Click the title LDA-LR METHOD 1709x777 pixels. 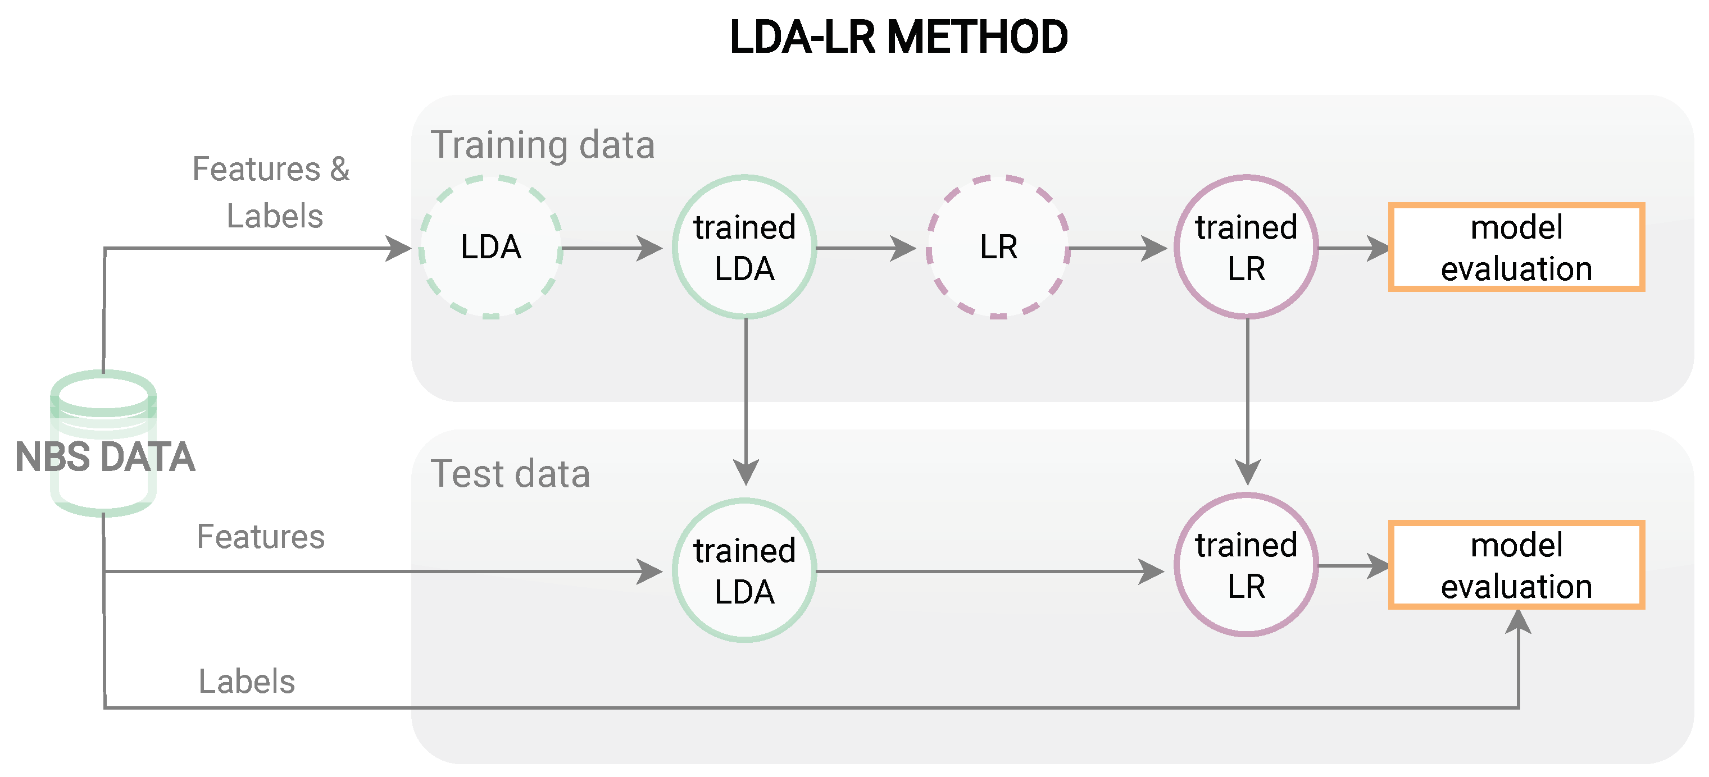pos(898,37)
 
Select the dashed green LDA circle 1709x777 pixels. pos(491,247)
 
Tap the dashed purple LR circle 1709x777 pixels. pos(998,247)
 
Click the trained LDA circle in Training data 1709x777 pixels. pos(744,247)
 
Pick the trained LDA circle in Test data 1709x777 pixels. pos(744,570)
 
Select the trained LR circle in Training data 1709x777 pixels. pos(1246,247)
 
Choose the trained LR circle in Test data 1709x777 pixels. pos(1246,565)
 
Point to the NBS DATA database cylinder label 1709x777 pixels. pos(105,457)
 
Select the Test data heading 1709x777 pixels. pos(510,473)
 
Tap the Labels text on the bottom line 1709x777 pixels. pos(247,681)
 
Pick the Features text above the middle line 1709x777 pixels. pos(261,536)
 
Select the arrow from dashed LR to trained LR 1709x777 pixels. pos(1118,249)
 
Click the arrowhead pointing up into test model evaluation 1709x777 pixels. pos(1518,622)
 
